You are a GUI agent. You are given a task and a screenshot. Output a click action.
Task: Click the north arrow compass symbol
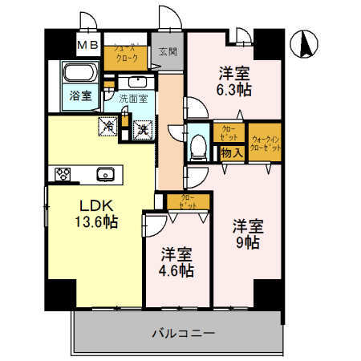tap(306, 44)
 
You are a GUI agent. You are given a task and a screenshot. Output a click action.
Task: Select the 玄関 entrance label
tap(167, 52)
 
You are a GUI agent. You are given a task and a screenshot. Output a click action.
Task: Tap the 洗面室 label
tap(133, 99)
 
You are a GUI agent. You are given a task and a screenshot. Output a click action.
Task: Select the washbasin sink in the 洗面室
tap(136, 82)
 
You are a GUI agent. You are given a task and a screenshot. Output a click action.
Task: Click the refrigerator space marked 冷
tap(107, 126)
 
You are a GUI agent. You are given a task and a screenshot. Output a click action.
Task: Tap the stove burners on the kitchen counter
tap(64, 174)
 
